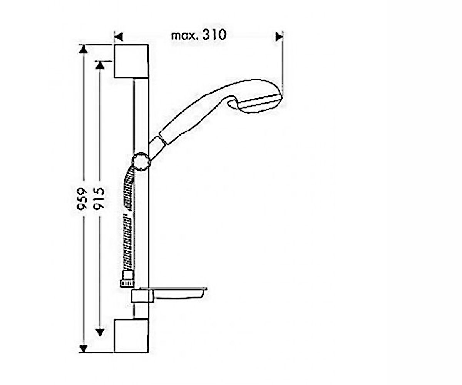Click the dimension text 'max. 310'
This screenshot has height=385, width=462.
[x=199, y=35]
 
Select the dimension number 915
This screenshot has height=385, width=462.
[x=98, y=199]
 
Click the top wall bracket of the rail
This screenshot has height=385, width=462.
[x=131, y=61]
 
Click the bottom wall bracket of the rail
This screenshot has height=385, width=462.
[x=131, y=336]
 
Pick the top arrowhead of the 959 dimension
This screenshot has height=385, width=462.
[x=83, y=49]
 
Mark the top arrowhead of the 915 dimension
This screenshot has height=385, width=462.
[x=100, y=65]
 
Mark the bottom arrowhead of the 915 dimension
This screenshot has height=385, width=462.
[x=100, y=332]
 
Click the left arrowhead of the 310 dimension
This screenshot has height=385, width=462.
[x=119, y=37]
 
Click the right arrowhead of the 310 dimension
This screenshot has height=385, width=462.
[x=279, y=37]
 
